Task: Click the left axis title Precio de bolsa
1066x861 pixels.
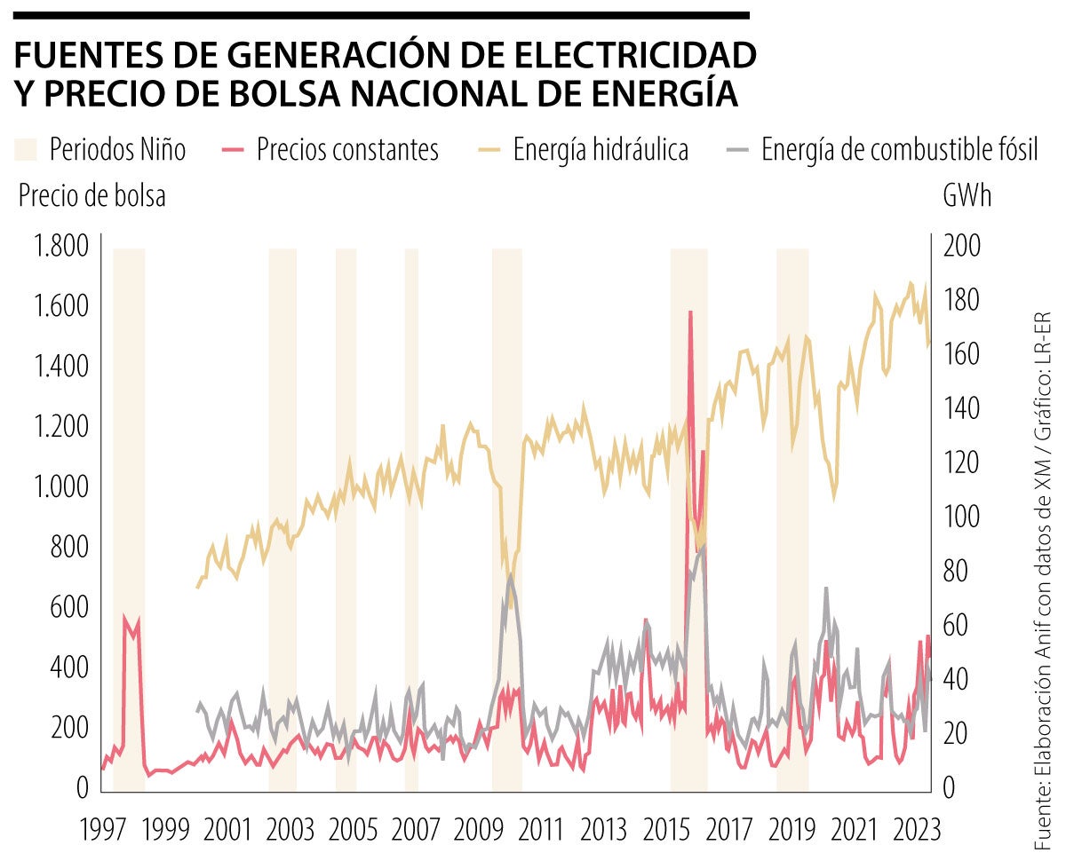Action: (x=91, y=197)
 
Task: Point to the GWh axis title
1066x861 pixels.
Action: (x=967, y=197)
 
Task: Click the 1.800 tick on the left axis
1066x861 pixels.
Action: (x=60, y=246)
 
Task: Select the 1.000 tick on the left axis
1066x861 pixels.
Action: (x=60, y=487)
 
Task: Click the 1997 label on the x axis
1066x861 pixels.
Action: (x=103, y=831)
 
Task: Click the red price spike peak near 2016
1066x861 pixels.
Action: (x=690, y=312)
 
